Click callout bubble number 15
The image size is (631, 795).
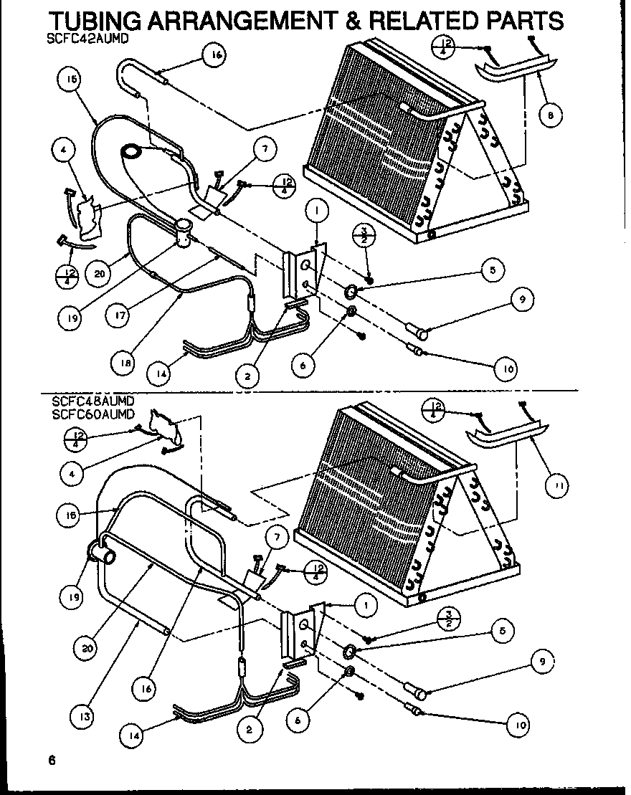pyautogui.click(x=70, y=82)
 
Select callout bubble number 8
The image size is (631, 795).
pyautogui.click(x=550, y=115)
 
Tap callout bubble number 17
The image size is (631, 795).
pyautogui.click(x=126, y=314)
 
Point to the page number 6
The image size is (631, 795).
pyautogui.click(x=51, y=761)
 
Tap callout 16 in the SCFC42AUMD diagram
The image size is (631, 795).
pyautogui.click(x=215, y=56)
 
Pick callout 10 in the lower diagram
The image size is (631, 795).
pyautogui.click(x=518, y=724)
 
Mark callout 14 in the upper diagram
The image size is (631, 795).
pyautogui.click(x=162, y=373)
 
